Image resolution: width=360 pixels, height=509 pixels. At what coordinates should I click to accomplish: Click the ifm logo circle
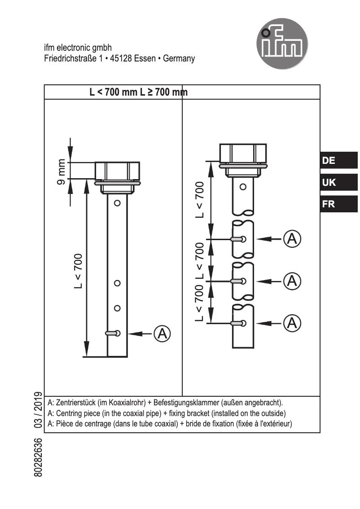click(282, 44)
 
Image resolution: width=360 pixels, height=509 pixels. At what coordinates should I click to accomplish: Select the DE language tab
click(339, 160)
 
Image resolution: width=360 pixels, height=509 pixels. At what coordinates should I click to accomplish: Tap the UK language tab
click(339, 182)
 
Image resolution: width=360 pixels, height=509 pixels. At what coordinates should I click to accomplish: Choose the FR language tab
click(339, 204)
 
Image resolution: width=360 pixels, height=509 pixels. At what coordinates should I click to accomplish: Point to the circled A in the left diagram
click(162, 333)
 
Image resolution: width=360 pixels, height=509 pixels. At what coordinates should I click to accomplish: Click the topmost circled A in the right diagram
click(292, 239)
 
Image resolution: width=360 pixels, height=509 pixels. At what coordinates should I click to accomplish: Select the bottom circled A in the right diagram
click(292, 322)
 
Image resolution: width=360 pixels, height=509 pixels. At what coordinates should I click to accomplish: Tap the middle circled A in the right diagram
click(292, 281)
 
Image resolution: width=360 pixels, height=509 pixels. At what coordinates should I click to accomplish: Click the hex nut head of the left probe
click(117, 171)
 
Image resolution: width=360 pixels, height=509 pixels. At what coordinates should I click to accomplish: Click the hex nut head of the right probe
click(242, 153)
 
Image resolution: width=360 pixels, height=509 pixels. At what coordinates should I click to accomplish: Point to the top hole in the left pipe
click(117, 203)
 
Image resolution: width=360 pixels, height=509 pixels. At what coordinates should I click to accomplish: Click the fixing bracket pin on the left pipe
click(112, 333)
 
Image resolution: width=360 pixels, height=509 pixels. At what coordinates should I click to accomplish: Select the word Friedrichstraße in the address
click(70, 58)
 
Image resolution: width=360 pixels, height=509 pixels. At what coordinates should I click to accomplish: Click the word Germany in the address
click(179, 58)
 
